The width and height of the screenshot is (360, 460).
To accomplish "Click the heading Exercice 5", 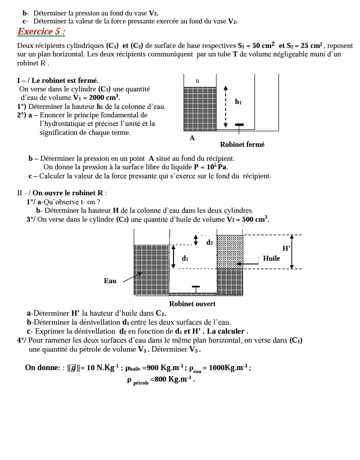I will click(x=41, y=32).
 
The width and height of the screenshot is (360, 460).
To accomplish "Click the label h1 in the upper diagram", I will click(x=238, y=102).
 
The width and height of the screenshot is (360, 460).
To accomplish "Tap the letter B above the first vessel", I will click(x=197, y=81).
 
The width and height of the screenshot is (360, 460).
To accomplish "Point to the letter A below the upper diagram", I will click(x=192, y=138).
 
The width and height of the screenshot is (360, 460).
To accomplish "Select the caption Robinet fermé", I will click(x=242, y=145).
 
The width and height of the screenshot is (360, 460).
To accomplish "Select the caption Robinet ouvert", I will click(x=192, y=304).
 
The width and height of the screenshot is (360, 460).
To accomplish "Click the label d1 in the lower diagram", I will click(x=185, y=258).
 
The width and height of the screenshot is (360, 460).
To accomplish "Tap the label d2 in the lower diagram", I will click(x=209, y=243).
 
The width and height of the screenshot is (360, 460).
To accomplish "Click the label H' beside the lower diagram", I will click(x=286, y=248).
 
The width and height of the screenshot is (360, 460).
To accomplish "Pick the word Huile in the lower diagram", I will click(x=271, y=259).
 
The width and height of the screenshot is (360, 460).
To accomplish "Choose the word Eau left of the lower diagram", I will click(x=110, y=281).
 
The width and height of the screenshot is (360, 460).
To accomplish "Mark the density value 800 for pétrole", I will click(x=161, y=380).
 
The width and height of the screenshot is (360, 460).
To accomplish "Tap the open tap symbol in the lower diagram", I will click(x=195, y=289).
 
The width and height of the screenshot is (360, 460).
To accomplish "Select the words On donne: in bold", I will click(x=43, y=368).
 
